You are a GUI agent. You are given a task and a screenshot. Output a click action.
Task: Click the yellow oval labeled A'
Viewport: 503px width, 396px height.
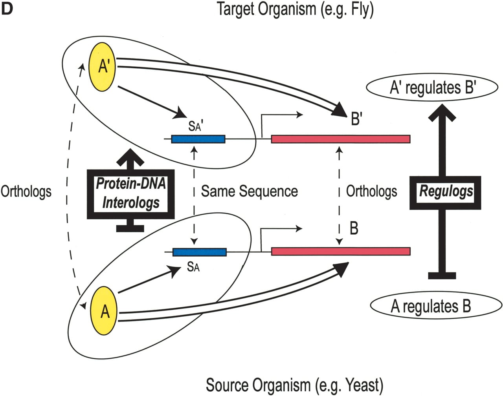[103, 67]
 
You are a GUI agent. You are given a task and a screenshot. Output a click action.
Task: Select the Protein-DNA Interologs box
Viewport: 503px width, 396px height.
[130, 194]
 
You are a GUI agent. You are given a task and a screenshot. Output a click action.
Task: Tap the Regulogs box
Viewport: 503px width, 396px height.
[445, 193]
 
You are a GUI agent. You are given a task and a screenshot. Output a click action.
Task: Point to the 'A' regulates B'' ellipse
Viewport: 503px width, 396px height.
[432, 88]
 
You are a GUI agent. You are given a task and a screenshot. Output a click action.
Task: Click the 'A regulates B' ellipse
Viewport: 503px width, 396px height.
[436, 306]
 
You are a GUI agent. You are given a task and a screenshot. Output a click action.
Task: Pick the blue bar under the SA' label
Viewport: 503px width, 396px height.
[198, 139]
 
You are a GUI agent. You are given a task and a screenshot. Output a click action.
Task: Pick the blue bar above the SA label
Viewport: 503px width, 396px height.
[200, 252]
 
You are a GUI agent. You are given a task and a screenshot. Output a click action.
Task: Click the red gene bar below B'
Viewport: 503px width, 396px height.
[341, 139]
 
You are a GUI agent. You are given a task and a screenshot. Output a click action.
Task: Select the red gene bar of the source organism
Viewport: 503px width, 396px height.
[341, 251]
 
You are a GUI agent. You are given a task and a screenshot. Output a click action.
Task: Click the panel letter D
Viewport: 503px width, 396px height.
[7, 9]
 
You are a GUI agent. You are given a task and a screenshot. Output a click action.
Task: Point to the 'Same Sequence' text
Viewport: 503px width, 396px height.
[250, 191]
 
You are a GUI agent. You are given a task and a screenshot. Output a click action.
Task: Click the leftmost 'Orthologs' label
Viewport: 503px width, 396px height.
[26, 192]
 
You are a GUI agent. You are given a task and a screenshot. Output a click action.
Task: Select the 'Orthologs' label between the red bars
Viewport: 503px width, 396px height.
[372, 191]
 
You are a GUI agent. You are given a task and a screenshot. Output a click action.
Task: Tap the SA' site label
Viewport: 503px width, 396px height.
[196, 126]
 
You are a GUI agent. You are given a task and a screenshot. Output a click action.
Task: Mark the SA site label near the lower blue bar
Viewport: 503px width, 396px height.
[193, 267]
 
